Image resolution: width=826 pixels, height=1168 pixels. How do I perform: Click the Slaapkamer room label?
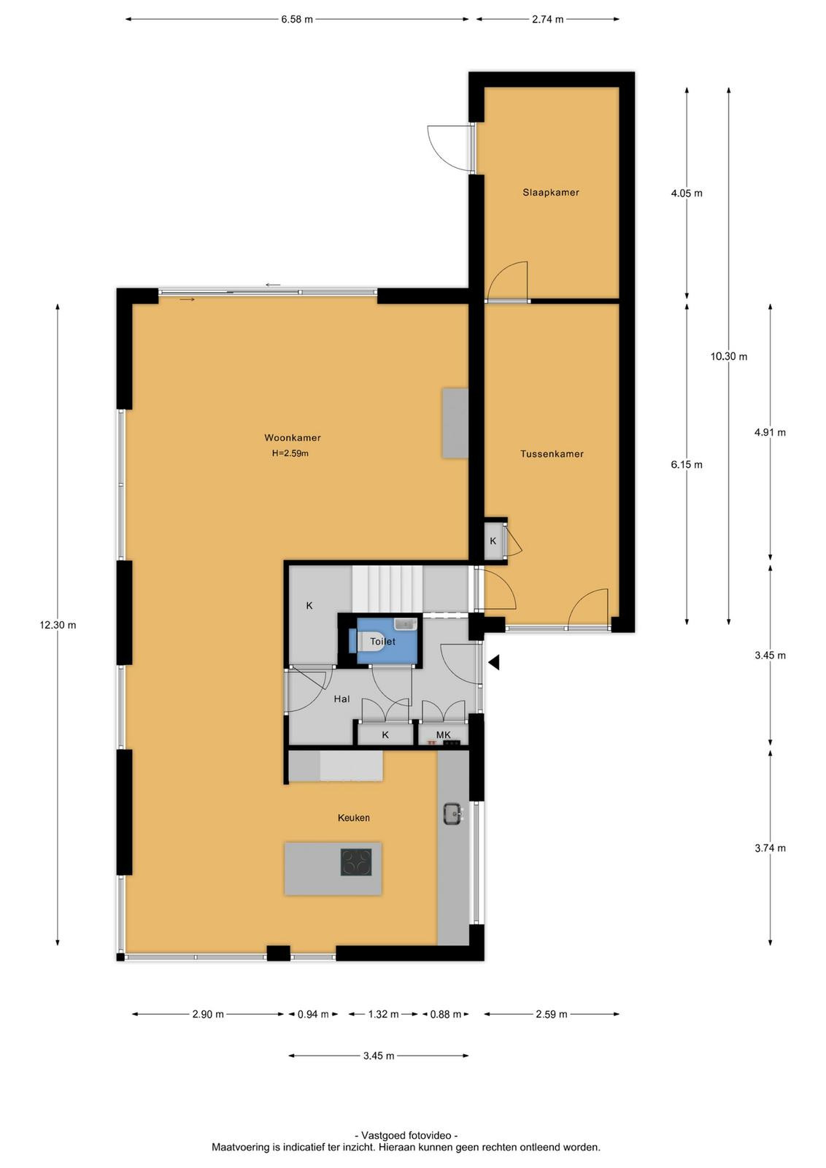coord(551,193)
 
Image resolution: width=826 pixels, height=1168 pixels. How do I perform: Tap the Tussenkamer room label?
coord(552,453)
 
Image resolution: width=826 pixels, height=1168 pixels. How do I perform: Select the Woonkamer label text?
coord(293,437)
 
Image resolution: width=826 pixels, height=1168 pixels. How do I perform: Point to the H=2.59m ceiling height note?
coord(290,453)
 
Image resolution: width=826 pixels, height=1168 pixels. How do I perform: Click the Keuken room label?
coord(354,818)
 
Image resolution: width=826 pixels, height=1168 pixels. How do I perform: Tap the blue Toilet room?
coord(387,641)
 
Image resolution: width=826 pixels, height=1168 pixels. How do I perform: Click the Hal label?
coord(342,699)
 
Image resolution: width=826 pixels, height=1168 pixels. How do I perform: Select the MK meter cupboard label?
coord(443,734)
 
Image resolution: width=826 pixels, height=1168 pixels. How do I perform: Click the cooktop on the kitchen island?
coord(357,862)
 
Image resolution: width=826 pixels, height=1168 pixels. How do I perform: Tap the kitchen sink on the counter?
coord(452,813)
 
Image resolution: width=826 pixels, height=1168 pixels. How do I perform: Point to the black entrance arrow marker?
coord(494,662)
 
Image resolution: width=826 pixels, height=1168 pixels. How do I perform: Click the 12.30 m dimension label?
coord(58,625)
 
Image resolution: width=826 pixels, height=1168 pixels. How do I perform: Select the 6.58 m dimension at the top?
coord(297,19)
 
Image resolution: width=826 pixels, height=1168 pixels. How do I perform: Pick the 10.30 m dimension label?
coord(728,357)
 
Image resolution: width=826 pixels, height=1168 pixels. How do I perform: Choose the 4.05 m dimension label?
coord(687,193)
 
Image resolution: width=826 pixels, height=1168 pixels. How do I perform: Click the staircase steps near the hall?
coord(387,588)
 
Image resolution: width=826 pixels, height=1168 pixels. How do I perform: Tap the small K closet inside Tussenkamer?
coord(493,540)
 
